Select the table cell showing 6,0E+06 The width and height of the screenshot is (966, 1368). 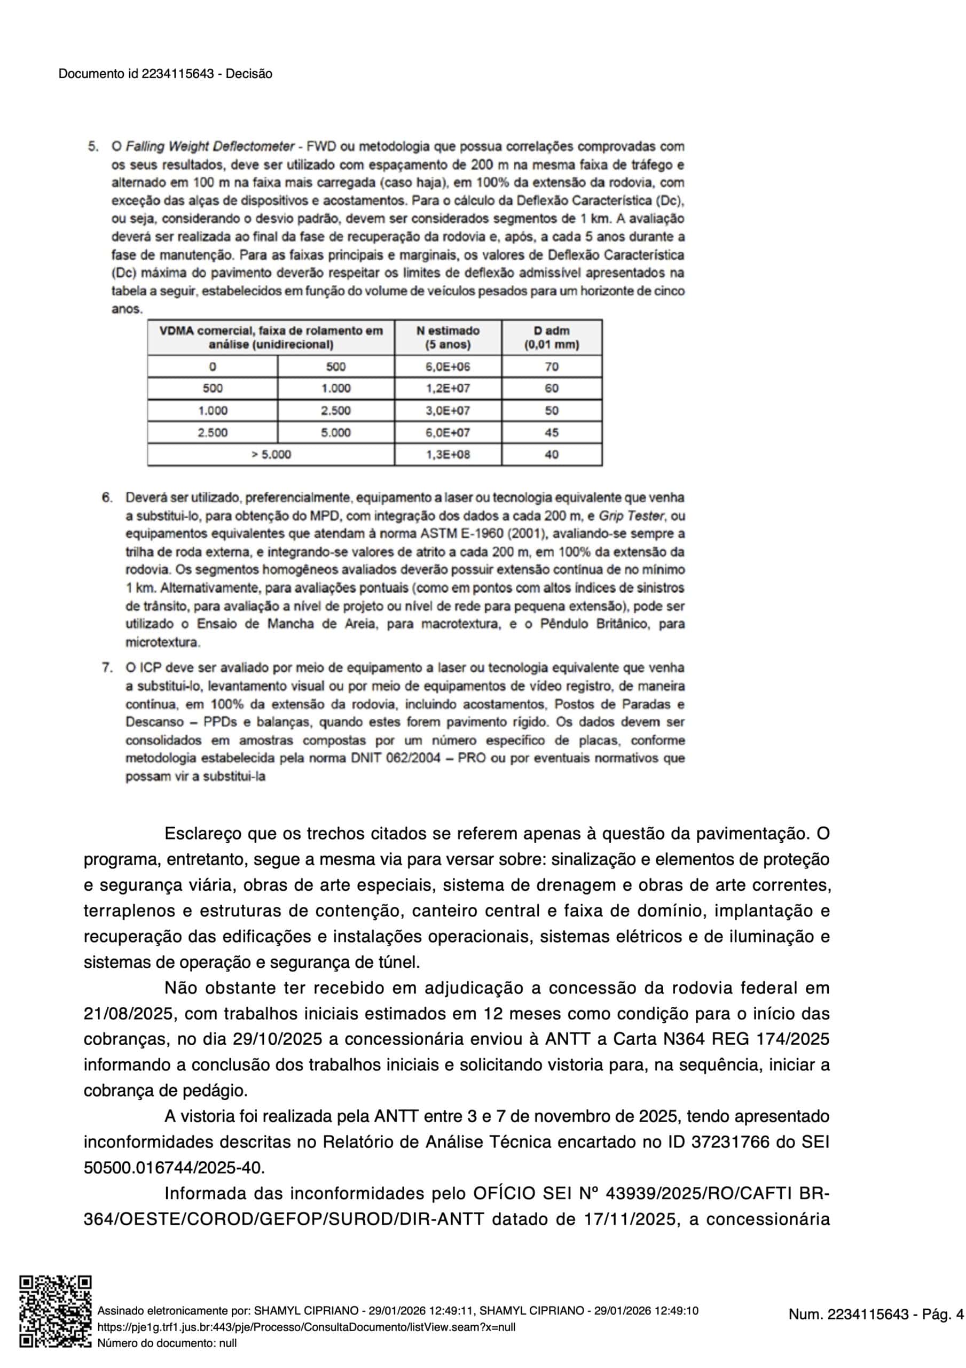click(x=447, y=367)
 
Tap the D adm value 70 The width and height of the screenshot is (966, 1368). click(x=551, y=367)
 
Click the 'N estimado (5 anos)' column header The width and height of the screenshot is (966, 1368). click(x=447, y=337)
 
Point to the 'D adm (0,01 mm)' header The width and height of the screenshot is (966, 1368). click(x=551, y=337)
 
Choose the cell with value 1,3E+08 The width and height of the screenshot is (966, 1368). click(x=447, y=455)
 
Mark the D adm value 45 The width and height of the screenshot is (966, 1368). click(x=551, y=432)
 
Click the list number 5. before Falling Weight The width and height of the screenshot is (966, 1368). click(x=93, y=146)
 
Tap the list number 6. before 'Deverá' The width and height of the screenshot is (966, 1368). click(x=107, y=498)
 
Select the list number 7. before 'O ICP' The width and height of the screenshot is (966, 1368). click(x=107, y=668)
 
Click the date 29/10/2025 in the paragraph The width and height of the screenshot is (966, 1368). click(x=277, y=1039)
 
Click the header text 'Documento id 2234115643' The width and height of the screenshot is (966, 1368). click(x=136, y=74)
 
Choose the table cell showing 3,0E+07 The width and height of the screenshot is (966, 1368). click(x=447, y=410)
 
